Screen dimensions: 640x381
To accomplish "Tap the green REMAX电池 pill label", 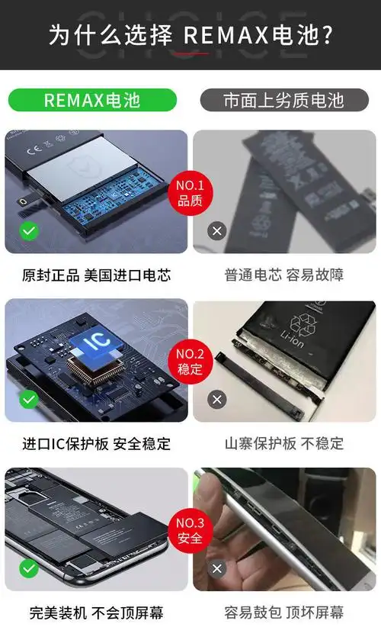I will (92, 100).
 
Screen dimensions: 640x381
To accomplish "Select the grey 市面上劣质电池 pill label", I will (283, 100).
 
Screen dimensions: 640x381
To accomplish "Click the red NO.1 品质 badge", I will (190, 194).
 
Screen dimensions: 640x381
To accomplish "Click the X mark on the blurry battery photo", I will (217, 230).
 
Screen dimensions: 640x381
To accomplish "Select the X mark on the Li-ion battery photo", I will (217, 399).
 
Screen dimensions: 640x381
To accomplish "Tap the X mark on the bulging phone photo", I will (217, 568).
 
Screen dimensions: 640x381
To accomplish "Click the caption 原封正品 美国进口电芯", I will (96, 275).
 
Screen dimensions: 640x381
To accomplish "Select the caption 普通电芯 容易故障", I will (283, 275).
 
